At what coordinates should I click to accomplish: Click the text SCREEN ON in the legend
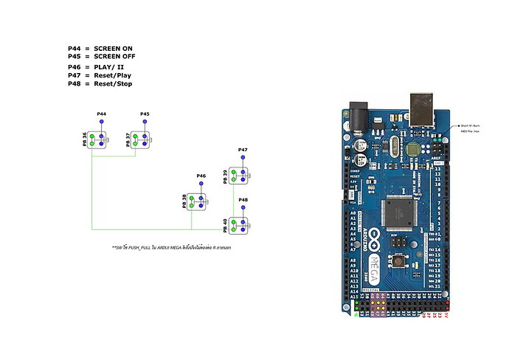[113, 49]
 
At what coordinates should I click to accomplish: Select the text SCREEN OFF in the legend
[114, 56]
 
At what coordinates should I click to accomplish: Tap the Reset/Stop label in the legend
[113, 83]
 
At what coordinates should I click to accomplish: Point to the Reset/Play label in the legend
[113, 75]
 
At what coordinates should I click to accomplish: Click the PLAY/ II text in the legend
[109, 67]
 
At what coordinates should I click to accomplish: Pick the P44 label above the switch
[102, 114]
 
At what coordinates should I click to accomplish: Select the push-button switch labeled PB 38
[197, 201]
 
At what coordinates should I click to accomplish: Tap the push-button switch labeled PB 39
[238, 176]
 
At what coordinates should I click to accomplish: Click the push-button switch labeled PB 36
[97, 139]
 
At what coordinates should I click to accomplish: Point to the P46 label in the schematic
[201, 176]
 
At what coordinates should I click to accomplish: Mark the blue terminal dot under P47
[243, 158]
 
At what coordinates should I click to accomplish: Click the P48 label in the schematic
[243, 199]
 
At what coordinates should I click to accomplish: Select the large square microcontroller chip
[401, 214]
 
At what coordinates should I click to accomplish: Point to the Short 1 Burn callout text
[473, 126]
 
